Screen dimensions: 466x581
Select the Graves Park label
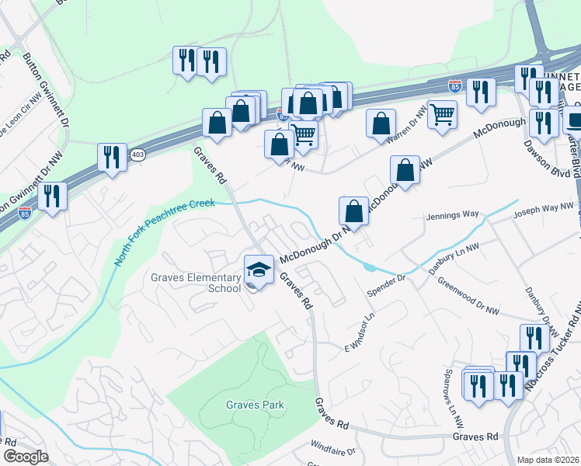(256, 405)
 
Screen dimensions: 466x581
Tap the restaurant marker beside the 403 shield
(113, 158)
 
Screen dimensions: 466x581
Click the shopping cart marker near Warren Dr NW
(442, 115)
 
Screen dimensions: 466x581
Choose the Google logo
(26, 457)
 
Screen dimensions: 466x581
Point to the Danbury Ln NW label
(454, 258)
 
